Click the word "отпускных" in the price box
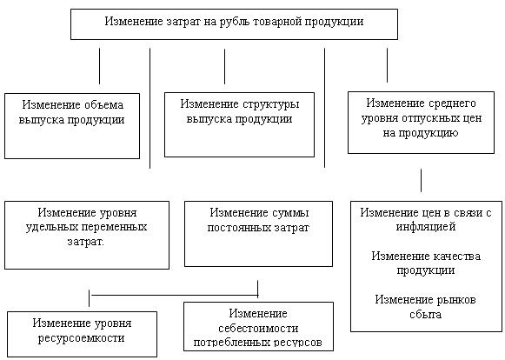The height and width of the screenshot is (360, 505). coord(425,118)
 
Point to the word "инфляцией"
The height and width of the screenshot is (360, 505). coord(425,227)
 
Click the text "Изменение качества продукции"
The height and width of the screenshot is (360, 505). coord(426,263)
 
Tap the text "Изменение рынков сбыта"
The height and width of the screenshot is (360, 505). coord(425,306)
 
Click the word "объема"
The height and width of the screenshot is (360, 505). coord(103,105)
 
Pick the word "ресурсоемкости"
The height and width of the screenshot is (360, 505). coord(81,338)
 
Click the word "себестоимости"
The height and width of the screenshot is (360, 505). coord(258,329)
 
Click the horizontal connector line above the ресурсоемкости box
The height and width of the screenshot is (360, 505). coord(174,295)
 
